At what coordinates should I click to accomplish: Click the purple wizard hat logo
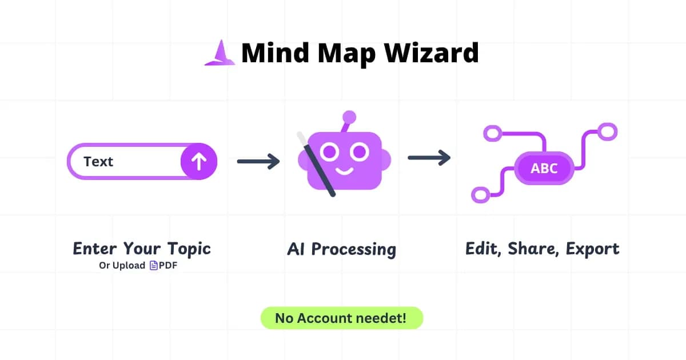(220, 54)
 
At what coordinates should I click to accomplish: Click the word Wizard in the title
(431, 53)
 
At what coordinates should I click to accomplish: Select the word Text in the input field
(98, 162)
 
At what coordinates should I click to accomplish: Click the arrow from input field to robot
(258, 162)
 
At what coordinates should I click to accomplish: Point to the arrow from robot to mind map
(429, 158)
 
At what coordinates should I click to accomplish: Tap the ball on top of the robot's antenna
(349, 118)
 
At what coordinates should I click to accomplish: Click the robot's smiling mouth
(344, 170)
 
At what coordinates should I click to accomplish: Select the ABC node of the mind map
(544, 169)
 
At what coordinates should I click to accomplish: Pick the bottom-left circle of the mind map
(481, 195)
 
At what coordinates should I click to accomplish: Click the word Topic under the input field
(189, 249)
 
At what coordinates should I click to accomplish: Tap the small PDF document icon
(153, 266)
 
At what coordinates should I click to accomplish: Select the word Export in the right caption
(592, 249)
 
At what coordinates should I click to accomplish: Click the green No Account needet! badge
(341, 318)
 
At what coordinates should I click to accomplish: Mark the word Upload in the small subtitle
(129, 266)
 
